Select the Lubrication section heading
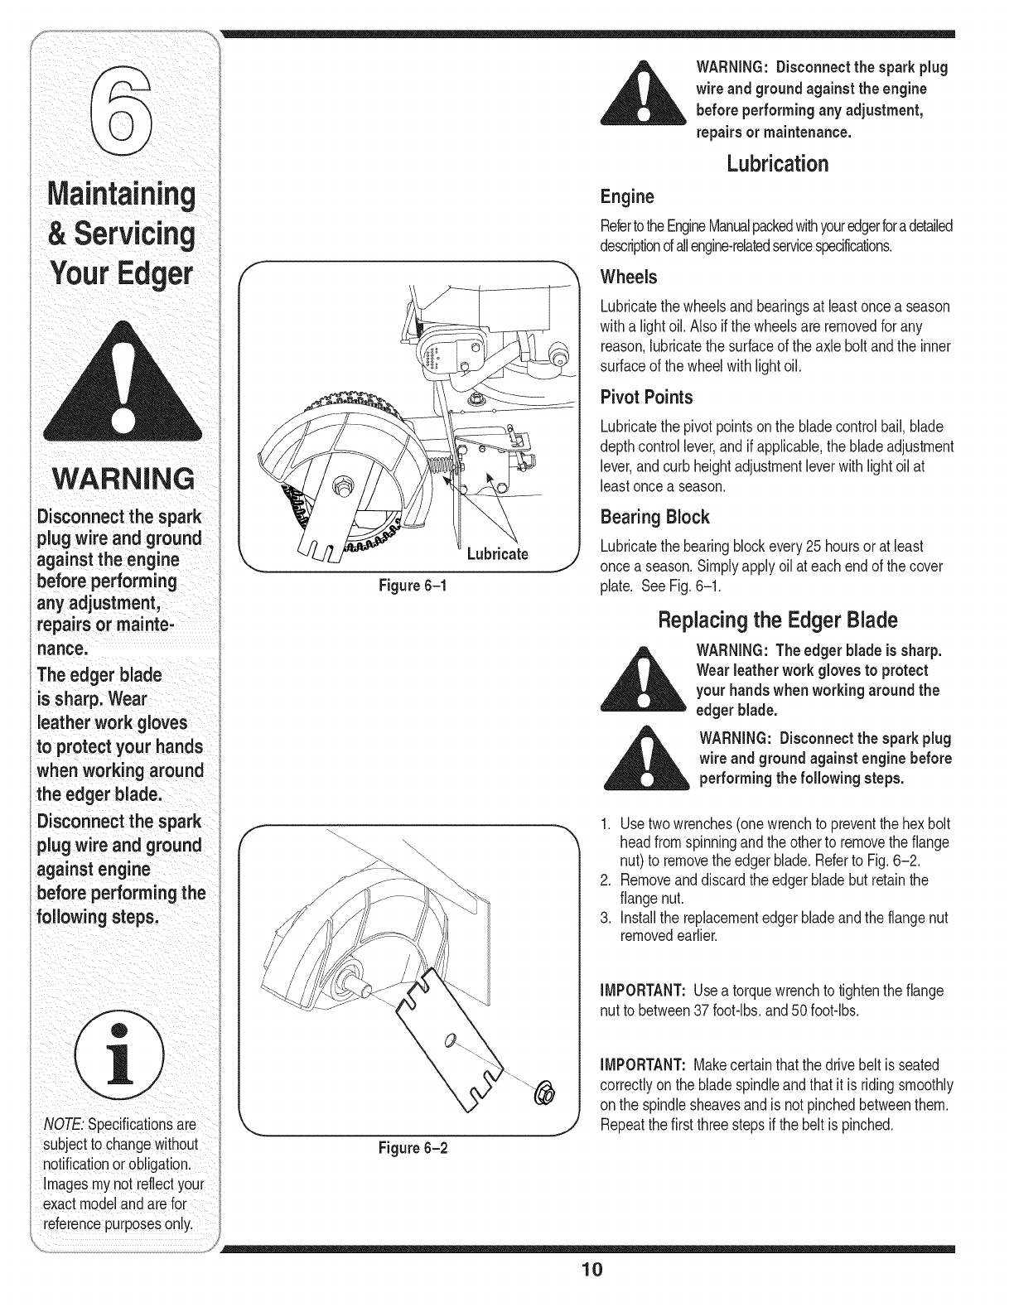tap(776, 164)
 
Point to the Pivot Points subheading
tap(646, 398)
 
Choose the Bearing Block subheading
tap(654, 518)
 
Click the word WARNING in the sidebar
tap(123, 479)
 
